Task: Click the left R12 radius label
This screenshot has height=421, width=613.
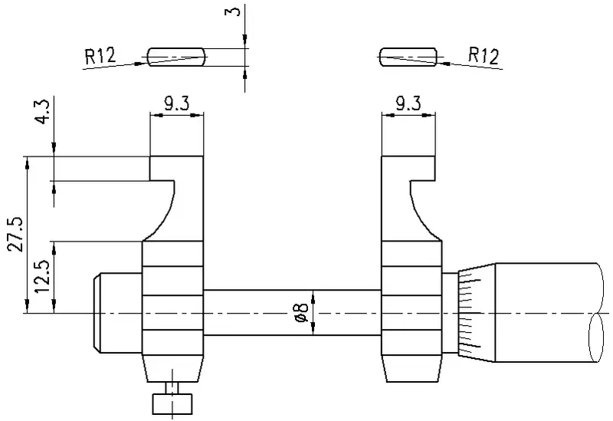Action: click(100, 55)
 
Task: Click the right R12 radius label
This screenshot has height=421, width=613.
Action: click(484, 55)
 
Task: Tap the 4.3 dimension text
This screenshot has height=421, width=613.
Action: click(42, 111)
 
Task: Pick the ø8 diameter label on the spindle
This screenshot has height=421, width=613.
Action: click(303, 313)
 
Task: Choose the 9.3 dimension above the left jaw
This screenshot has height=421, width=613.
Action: click(176, 104)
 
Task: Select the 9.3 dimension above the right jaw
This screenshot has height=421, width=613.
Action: click(408, 104)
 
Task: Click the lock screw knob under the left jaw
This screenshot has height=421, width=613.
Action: click(172, 404)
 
